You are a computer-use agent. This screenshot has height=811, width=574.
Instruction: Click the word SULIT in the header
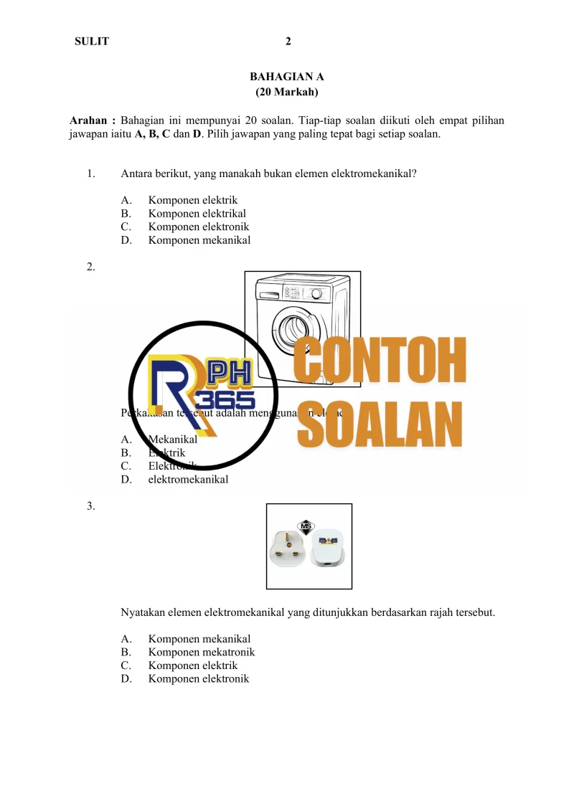(x=92, y=42)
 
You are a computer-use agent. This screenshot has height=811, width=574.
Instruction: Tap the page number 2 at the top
(x=288, y=42)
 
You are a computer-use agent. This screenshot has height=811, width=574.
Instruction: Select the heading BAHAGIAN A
(x=287, y=77)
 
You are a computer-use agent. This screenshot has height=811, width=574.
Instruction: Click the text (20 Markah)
(x=287, y=92)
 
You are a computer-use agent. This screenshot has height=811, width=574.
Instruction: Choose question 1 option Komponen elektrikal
(x=197, y=214)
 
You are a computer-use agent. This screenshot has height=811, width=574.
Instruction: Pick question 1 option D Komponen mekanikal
(x=199, y=240)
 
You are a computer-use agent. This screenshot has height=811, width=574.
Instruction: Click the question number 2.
(x=90, y=267)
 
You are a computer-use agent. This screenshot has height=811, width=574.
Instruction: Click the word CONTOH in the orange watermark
(x=381, y=361)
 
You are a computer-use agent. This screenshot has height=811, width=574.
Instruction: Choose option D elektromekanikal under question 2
(x=188, y=480)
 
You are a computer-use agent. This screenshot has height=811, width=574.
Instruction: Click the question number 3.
(x=90, y=506)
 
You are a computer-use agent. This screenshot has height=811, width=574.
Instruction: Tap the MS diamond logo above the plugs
(x=309, y=526)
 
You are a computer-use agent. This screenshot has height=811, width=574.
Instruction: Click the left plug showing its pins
(x=289, y=550)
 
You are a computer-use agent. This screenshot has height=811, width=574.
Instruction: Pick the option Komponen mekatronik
(x=201, y=653)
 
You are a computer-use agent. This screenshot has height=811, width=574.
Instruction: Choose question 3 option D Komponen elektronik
(x=199, y=678)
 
